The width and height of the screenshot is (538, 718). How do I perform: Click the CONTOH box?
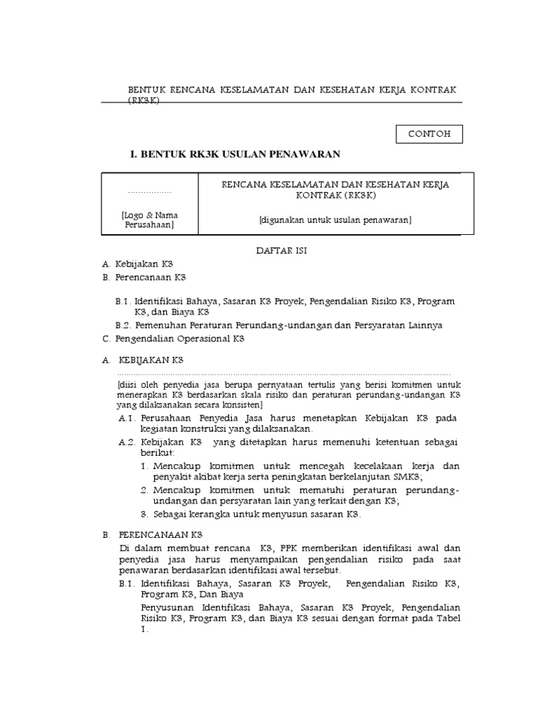click(x=429, y=133)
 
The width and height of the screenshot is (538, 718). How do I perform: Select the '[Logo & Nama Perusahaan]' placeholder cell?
click(x=149, y=220)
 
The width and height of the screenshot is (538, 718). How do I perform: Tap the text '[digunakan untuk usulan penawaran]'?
click(x=335, y=220)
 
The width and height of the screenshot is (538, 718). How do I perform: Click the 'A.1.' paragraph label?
click(x=126, y=418)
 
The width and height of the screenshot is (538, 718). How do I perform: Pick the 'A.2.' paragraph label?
click(x=126, y=442)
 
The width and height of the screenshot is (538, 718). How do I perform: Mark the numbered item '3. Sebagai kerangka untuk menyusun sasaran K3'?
click(x=250, y=514)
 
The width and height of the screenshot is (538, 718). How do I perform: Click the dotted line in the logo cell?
click(x=149, y=191)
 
